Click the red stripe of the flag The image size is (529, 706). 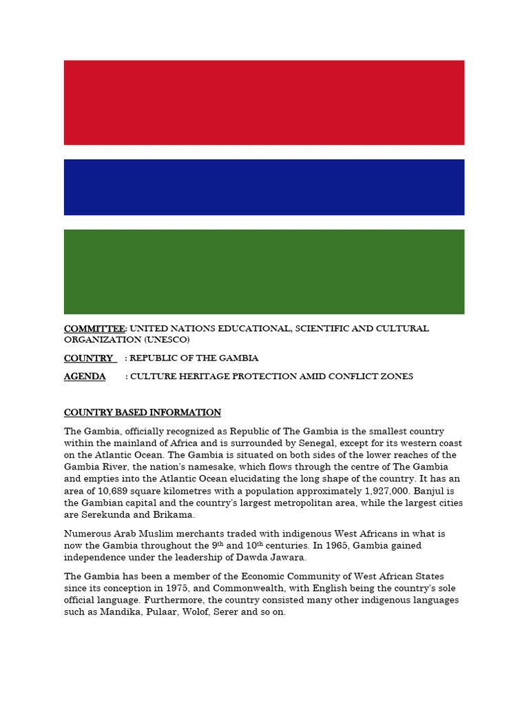(x=264, y=102)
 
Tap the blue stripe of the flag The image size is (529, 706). (x=264, y=187)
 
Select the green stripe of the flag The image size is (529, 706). (x=264, y=272)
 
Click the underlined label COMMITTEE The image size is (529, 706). (x=94, y=328)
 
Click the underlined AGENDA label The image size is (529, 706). (x=85, y=376)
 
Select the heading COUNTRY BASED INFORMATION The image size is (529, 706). (x=143, y=412)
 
